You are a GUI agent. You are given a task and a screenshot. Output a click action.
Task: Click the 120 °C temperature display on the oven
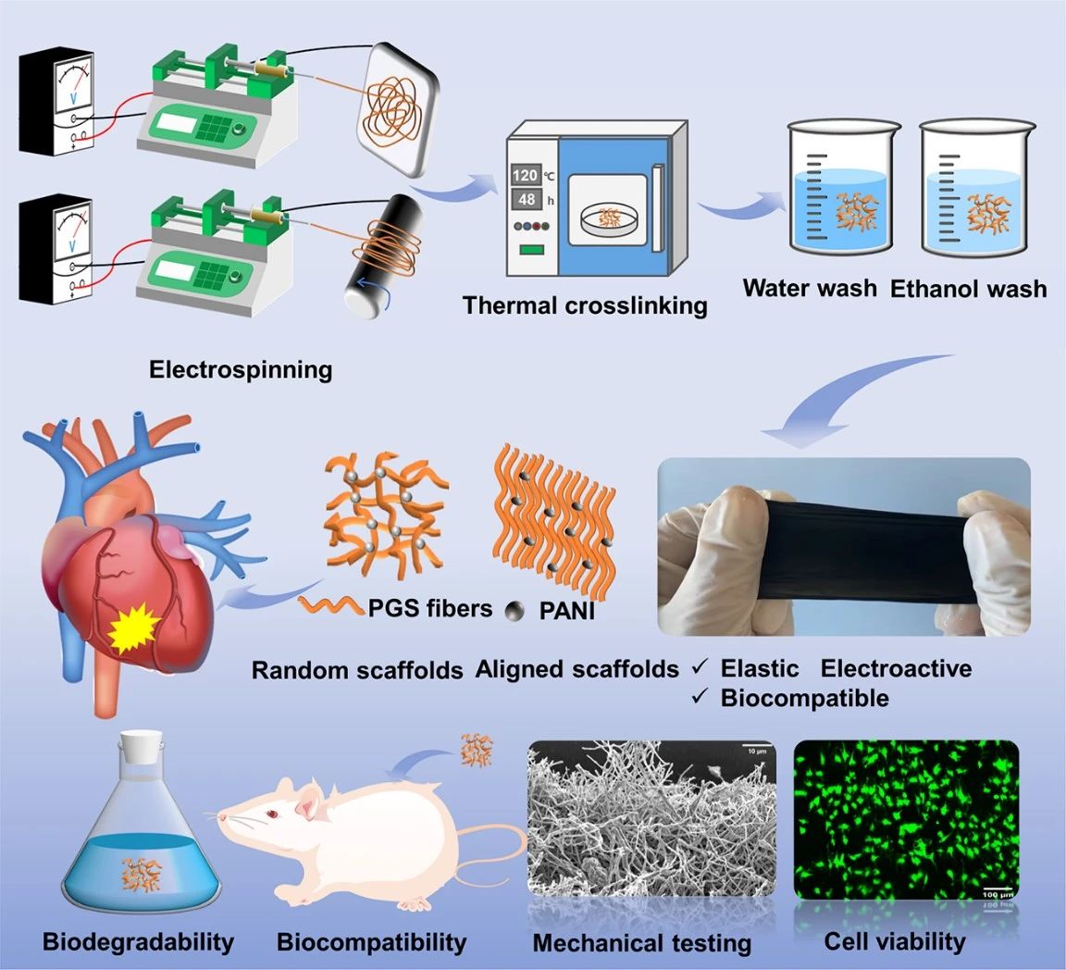[x=524, y=175]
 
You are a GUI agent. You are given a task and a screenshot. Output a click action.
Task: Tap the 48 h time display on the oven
[x=526, y=199]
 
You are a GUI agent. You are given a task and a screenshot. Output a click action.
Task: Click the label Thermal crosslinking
[x=585, y=305]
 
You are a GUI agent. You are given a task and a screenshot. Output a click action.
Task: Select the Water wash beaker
[x=842, y=189]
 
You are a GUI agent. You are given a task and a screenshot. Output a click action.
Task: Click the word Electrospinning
[x=241, y=369]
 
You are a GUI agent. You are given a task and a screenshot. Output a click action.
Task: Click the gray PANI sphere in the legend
[x=514, y=610]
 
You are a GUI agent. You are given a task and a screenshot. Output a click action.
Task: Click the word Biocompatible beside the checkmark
[x=804, y=697]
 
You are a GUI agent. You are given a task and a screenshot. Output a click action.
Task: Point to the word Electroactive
[x=896, y=667]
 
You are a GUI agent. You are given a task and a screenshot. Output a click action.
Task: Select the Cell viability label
[x=894, y=941]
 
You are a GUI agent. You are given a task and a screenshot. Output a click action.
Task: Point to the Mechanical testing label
[x=641, y=943]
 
